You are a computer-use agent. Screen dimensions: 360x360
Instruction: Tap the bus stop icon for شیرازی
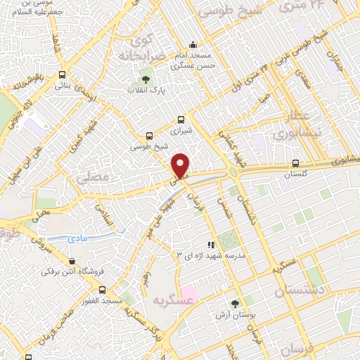tap(181, 119)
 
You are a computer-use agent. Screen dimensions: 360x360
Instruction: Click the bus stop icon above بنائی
tap(63, 74)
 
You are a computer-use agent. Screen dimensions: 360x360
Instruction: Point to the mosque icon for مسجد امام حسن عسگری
tap(193, 44)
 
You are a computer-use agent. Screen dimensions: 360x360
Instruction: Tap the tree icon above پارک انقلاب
tap(146, 79)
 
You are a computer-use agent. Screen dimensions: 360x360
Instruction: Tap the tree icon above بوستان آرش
tap(234, 304)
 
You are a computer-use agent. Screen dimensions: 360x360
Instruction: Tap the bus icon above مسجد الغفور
tap(103, 289)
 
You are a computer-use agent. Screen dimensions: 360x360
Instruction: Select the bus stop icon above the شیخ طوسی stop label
tap(148, 136)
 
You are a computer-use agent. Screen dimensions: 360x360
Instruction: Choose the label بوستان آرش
tap(234, 316)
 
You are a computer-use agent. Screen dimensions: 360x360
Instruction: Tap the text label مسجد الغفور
tap(103, 301)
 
